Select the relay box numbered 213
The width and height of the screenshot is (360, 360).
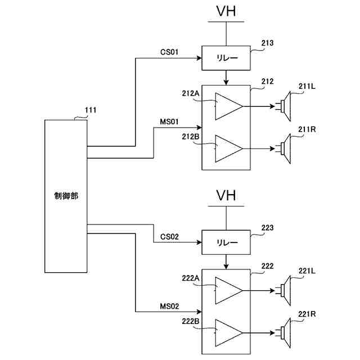(x=226, y=57)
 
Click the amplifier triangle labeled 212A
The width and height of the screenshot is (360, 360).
(x=228, y=106)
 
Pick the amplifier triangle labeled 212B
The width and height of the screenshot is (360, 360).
(x=228, y=148)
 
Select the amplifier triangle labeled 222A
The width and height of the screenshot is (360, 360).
(x=228, y=290)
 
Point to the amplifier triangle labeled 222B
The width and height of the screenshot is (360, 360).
(x=228, y=333)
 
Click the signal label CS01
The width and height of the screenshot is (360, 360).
(x=169, y=52)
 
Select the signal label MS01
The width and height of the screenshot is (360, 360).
(x=169, y=121)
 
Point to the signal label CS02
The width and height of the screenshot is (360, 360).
(x=169, y=237)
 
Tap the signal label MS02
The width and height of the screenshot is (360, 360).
(x=169, y=307)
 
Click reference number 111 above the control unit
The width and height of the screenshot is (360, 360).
(x=90, y=110)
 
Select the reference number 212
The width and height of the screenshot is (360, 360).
(x=267, y=82)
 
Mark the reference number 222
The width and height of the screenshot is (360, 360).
(x=267, y=266)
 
